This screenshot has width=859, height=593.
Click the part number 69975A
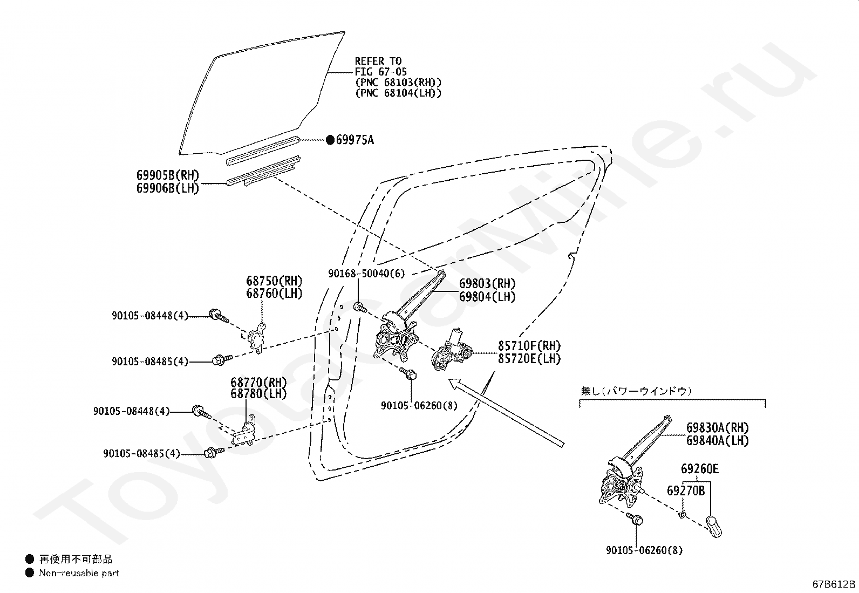point(354,140)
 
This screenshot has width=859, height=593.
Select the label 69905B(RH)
point(168,175)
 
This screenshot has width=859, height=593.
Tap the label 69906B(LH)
point(168,188)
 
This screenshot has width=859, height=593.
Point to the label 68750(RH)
point(274,281)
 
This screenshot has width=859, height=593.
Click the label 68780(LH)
point(258,393)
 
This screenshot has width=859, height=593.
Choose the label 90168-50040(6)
point(366,274)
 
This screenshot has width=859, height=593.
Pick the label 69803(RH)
point(487,284)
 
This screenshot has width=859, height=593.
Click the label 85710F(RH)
point(529,346)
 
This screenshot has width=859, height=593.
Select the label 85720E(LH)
point(529,359)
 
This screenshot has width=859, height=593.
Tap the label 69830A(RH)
point(718,428)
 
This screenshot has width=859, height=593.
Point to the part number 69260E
point(699,469)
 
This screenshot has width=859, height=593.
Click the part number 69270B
point(686,490)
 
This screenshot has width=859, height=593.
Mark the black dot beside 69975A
point(330,140)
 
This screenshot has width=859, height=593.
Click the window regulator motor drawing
point(452,351)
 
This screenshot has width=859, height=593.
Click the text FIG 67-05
point(380,72)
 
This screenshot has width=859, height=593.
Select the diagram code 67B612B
point(834,584)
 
